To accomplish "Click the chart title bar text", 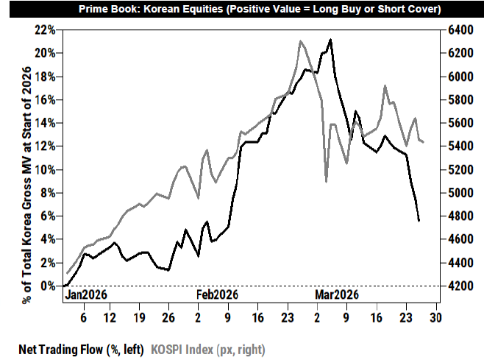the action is [x=260, y=9].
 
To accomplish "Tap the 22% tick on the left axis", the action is [x=45, y=30].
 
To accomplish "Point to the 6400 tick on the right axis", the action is [x=460, y=30].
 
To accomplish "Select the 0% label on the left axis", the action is [x=48, y=286].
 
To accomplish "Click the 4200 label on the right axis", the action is [x=460, y=286].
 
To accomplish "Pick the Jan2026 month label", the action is [x=86, y=294].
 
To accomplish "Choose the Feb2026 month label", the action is [x=217, y=294].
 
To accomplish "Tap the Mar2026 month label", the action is [x=337, y=294].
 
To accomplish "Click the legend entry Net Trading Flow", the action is [x=81, y=350].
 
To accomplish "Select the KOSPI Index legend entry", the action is [x=208, y=350].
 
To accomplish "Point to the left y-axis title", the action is [x=27, y=185].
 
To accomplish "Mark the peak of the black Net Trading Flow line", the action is [x=330, y=40].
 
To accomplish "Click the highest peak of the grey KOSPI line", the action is [x=300, y=40].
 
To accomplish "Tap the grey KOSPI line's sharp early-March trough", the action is [x=327, y=182].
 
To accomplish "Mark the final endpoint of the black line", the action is [x=419, y=221].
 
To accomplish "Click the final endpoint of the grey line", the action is [x=423, y=142].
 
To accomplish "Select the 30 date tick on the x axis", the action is [x=436, y=317].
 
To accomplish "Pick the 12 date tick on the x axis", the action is [x=110, y=317].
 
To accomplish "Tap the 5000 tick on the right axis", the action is [x=460, y=193].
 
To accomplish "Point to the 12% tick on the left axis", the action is [x=45, y=147].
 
